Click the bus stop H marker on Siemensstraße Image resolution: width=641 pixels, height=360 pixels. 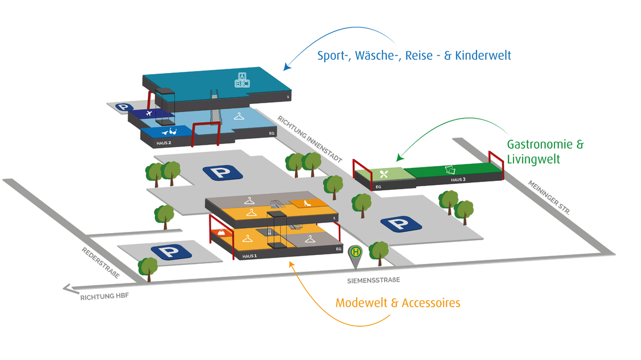[356, 252]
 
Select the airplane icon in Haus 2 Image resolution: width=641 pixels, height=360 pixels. [148, 113]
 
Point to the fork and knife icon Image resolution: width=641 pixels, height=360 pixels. [383, 174]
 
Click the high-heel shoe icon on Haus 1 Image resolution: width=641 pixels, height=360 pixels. [308, 203]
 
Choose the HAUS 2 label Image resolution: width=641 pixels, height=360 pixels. [163, 143]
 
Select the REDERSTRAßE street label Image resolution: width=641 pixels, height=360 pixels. [101, 262]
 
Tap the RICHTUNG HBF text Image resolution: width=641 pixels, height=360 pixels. [104, 297]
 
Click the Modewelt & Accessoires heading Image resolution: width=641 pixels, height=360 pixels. [398, 303]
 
